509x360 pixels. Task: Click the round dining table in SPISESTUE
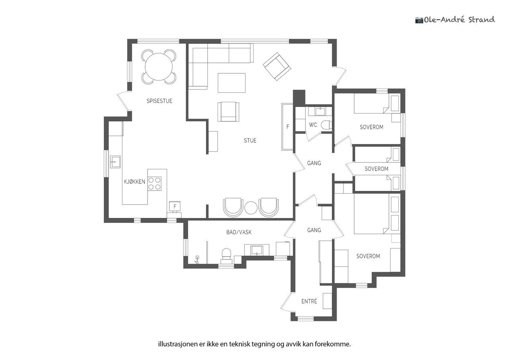(x=159, y=67)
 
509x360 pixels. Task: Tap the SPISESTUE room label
(x=159, y=101)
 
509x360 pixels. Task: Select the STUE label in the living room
(x=250, y=140)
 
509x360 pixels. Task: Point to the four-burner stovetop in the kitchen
(x=155, y=184)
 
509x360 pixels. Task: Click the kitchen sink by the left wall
(x=115, y=162)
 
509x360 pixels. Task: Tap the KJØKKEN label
(x=134, y=181)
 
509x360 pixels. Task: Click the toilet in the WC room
(x=327, y=125)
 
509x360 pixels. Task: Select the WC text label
(x=313, y=125)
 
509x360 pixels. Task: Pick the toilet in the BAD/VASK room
(x=226, y=255)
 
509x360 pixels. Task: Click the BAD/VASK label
(x=239, y=232)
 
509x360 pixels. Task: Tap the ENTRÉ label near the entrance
(x=309, y=302)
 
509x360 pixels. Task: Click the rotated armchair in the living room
(x=277, y=66)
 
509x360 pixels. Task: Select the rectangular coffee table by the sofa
(x=231, y=83)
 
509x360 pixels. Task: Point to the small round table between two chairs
(x=251, y=208)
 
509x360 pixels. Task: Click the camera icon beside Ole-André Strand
(x=419, y=20)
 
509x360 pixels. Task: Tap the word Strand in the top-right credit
(x=481, y=20)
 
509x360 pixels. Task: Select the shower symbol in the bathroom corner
(x=197, y=260)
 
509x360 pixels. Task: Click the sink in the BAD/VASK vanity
(x=257, y=250)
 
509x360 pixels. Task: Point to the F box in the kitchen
(x=175, y=206)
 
